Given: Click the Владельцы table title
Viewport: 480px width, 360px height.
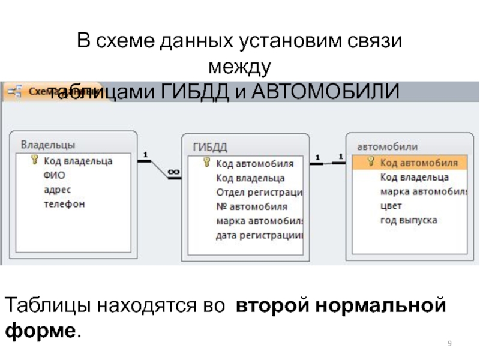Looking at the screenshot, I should point(48,145).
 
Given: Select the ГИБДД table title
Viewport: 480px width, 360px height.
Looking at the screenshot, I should point(210,147).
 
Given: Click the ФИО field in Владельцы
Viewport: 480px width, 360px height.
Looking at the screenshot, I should point(54,175).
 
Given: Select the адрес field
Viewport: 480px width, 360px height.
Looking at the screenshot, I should point(57,190).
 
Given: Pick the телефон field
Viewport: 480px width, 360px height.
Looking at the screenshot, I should point(64,204).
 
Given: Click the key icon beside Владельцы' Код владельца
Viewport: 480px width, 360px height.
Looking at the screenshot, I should point(34,160).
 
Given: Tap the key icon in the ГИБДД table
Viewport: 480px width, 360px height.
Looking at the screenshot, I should point(206,163).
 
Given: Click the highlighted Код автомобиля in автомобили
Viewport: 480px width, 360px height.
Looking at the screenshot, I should point(418,163).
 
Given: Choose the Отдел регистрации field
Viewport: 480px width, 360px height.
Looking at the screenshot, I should point(259,193).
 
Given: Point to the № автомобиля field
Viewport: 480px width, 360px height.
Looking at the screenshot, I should point(251,207).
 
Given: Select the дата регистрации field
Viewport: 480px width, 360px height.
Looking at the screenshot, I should point(259,236).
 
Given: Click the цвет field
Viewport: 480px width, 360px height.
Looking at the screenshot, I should point(391,206).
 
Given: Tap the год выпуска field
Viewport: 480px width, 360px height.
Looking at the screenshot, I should point(408,220).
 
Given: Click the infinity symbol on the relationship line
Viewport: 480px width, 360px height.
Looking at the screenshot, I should point(173,172).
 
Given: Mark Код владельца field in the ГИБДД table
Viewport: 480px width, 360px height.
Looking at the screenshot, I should point(250,178).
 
